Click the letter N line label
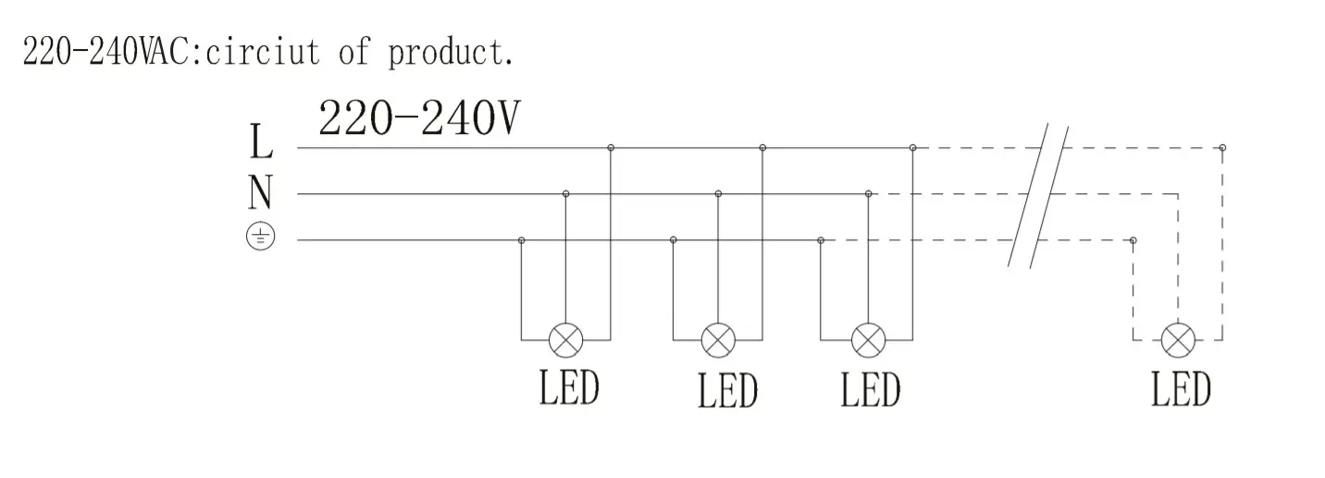coord(261,193)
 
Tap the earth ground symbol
coord(261,239)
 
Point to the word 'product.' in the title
coord(451,53)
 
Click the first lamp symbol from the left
coord(566,340)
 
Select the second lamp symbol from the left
coord(718,340)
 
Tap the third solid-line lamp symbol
coord(868,340)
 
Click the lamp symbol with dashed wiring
coord(1178,340)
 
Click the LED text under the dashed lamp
coord(1181,388)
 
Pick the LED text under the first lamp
coord(569,388)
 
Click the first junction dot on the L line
coord(611,147)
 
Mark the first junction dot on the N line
coord(566,193)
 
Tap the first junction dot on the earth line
coord(522,240)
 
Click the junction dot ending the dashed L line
coord(1222,147)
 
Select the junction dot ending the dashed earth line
coord(1133,240)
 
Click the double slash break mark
coord(1038,196)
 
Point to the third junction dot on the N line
coord(868,193)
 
